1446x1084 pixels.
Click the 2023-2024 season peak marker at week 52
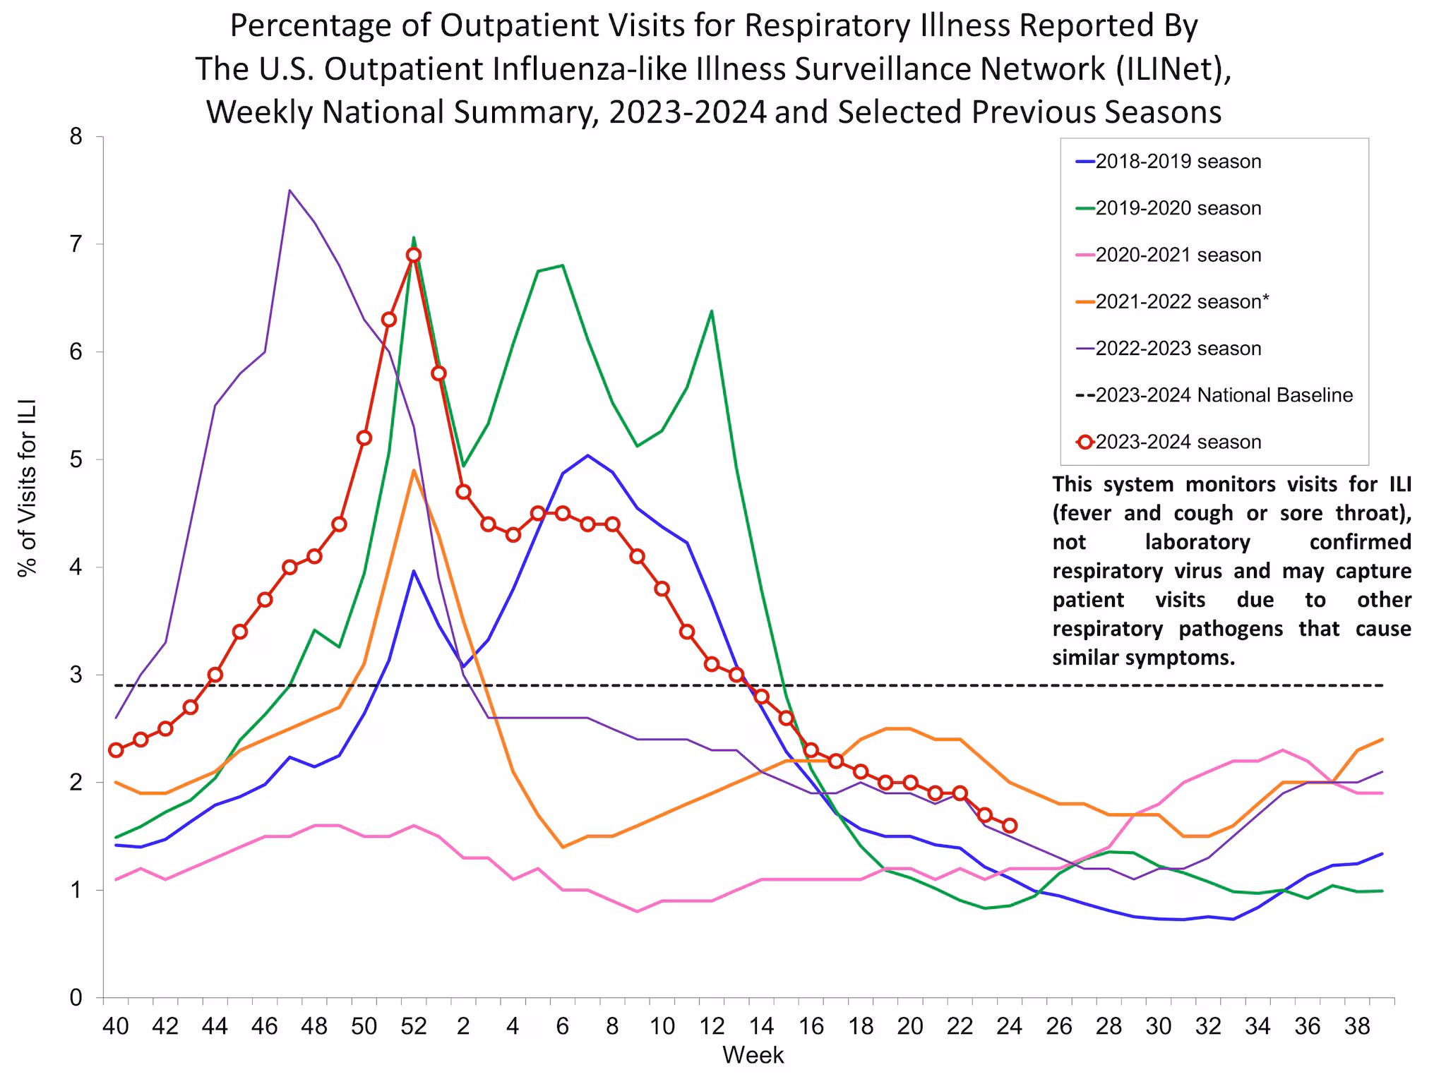point(414,255)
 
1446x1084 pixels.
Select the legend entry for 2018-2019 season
point(1178,162)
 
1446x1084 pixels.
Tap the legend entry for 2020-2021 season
point(1178,255)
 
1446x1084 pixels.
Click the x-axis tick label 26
point(1059,1026)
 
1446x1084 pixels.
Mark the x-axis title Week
point(753,1055)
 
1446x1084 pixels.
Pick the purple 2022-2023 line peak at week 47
point(289,191)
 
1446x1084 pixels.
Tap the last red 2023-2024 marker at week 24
point(1010,826)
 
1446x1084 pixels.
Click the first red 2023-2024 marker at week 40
point(116,750)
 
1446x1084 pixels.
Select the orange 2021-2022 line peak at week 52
point(414,471)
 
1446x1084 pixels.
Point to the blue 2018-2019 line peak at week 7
point(587,455)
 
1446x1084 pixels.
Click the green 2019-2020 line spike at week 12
point(711,311)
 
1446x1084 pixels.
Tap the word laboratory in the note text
point(1197,542)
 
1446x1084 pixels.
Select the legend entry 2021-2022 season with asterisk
point(1182,302)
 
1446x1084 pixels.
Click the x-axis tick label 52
point(414,1026)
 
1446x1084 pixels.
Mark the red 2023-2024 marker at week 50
point(364,438)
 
